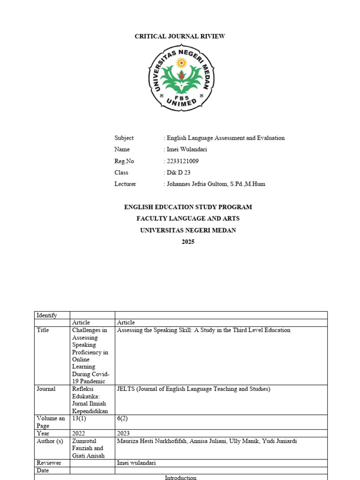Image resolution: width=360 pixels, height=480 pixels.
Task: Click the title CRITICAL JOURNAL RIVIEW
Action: (180, 36)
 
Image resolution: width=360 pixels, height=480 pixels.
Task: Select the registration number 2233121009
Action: (182, 161)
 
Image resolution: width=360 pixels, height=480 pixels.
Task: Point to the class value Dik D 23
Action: (179, 172)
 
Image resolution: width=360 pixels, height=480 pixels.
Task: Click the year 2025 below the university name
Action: (188, 242)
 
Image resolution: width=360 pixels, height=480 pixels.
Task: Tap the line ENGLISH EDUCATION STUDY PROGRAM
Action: (188, 207)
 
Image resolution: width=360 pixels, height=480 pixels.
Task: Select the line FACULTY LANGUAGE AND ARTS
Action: (188, 218)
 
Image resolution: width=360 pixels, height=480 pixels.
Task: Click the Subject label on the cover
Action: (124, 138)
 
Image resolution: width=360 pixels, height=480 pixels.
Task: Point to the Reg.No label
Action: (124, 161)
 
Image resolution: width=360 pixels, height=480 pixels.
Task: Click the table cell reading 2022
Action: (79, 434)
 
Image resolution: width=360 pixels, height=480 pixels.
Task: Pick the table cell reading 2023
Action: (123, 434)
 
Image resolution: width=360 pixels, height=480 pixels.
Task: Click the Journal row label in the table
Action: (46, 389)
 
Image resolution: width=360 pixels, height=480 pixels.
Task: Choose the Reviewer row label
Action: (48, 463)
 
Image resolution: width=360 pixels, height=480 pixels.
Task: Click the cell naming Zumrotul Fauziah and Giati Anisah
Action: (88, 448)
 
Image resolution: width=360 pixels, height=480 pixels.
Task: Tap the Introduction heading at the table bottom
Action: (180, 478)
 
